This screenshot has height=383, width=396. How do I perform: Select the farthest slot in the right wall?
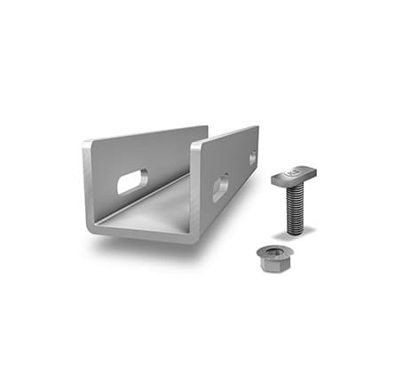[x=252, y=157]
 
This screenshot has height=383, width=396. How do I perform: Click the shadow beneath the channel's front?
[x=142, y=246]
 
